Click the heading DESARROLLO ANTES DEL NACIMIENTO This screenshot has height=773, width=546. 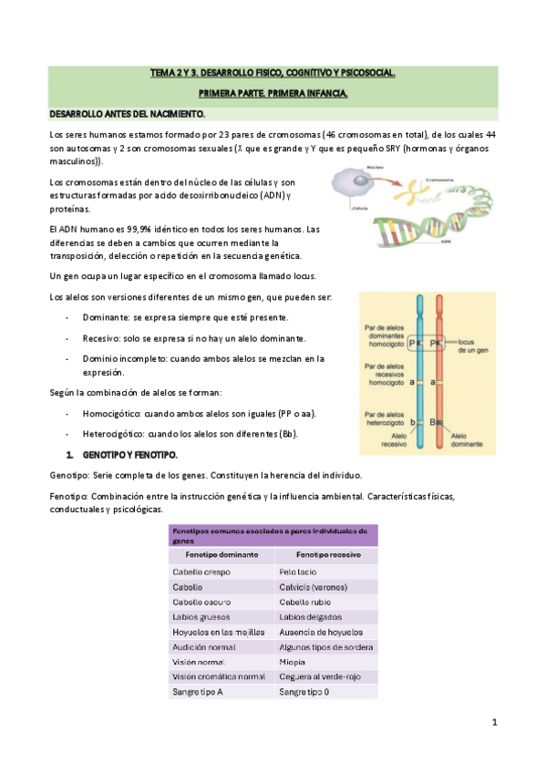(127, 114)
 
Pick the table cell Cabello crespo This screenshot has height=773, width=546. (202, 572)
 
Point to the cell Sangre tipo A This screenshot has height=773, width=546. (198, 692)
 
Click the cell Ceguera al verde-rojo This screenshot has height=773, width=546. (321, 675)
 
